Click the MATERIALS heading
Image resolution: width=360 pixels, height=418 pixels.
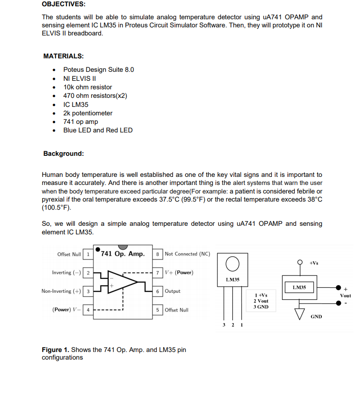(x=63, y=56)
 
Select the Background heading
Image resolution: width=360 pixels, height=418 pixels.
(x=63, y=154)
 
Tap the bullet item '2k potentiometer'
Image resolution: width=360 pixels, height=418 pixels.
(x=88, y=113)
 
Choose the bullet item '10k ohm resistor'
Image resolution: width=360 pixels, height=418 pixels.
(x=88, y=87)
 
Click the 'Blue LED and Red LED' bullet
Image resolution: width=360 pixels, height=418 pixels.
(x=98, y=130)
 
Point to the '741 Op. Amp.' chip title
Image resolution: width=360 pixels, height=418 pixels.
(x=123, y=254)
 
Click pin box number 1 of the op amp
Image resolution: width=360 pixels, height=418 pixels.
(x=88, y=254)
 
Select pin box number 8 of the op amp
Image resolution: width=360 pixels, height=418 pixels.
(x=158, y=254)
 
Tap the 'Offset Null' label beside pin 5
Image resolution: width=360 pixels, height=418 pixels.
(x=177, y=310)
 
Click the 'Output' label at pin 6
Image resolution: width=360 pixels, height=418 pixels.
(x=173, y=291)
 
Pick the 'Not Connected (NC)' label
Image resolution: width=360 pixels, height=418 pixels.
(x=187, y=254)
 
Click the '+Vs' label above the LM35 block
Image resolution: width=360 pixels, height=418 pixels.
(x=314, y=263)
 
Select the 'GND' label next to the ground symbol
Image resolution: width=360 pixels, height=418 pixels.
(x=316, y=317)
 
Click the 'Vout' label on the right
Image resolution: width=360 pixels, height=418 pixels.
(x=346, y=296)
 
